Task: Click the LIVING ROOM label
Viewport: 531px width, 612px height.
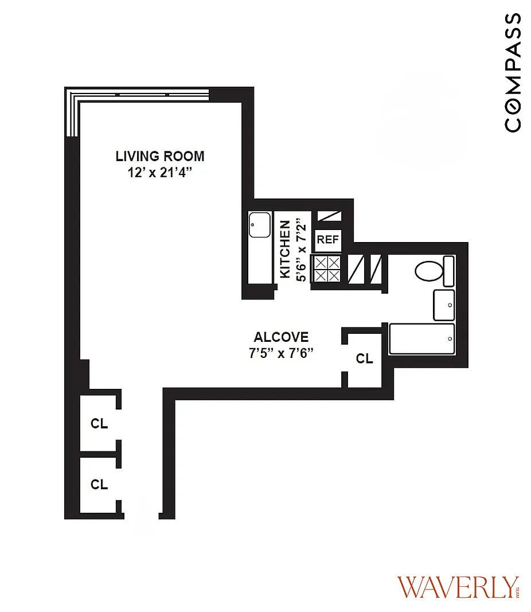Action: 160,156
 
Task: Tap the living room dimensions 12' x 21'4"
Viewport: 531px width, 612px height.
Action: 160,172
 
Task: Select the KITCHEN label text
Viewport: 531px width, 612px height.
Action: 285,250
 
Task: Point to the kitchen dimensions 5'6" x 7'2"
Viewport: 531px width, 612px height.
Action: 301,250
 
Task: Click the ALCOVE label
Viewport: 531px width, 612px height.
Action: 282,337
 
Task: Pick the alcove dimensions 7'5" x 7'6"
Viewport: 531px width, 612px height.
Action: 282,353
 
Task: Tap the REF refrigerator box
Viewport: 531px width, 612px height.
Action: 328,239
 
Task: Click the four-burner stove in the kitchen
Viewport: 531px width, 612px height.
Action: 327,269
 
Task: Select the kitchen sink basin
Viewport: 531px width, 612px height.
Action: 259,224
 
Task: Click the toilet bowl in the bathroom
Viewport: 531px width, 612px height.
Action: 429,271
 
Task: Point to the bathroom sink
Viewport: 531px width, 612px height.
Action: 444,305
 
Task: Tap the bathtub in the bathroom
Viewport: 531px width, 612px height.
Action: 421,339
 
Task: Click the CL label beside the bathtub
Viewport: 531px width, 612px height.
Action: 364,358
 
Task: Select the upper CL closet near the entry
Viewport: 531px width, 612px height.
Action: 99,423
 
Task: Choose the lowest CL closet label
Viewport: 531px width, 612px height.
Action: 99,484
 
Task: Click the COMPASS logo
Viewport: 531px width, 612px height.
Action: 512,73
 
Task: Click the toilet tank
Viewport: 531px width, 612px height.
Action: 449,271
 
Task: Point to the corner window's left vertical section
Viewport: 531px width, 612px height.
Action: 72,113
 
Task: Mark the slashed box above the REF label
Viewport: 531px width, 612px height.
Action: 329,216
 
